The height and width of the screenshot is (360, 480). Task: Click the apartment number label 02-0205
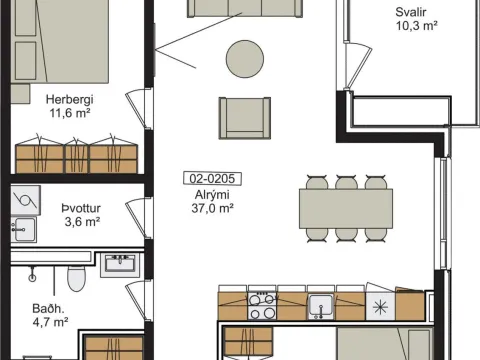(212, 179)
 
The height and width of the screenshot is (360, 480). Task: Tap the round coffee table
(245, 59)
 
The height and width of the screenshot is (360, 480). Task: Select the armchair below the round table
(245, 118)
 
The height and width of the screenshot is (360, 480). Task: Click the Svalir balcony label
(411, 12)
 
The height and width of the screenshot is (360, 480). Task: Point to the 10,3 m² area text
(416, 26)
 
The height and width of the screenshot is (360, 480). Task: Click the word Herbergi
(69, 99)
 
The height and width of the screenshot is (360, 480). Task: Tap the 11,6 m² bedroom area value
(70, 113)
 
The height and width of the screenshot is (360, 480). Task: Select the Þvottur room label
(81, 208)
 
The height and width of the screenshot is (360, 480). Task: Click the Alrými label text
(212, 195)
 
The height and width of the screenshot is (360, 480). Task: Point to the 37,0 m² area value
(212, 208)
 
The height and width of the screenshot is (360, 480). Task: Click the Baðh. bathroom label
(48, 309)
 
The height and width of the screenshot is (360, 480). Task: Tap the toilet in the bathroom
(76, 278)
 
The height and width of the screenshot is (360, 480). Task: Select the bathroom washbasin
(120, 265)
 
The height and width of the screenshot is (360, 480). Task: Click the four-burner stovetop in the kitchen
(262, 306)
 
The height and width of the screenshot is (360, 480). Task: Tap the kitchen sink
(320, 306)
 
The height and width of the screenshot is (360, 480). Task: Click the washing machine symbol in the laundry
(26, 200)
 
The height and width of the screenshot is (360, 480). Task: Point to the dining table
(346, 208)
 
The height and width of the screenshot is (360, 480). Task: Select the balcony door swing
(358, 65)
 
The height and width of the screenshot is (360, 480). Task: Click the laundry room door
(137, 217)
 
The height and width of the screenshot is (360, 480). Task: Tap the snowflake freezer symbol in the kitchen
(380, 307)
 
